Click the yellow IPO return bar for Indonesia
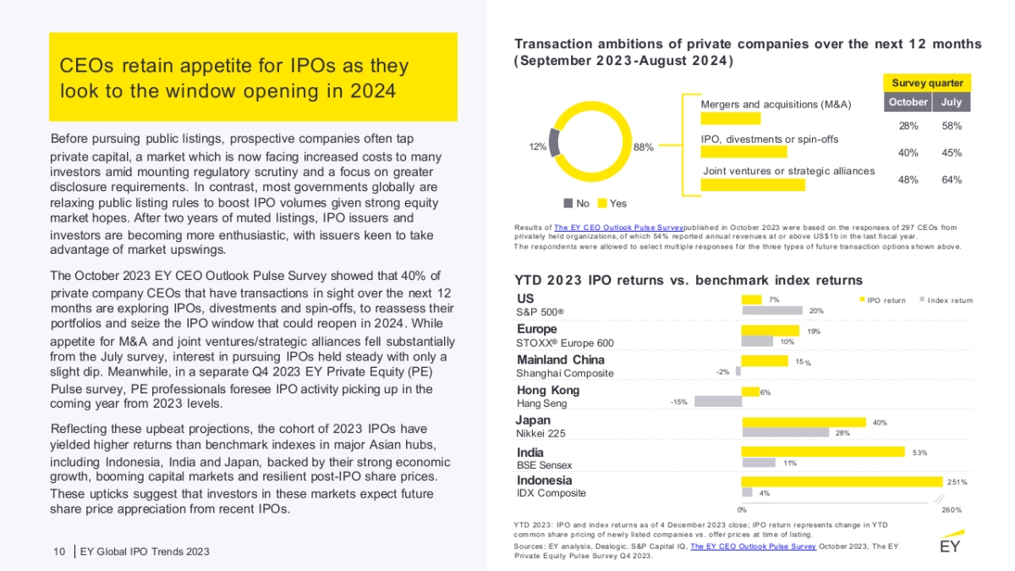[842, 481]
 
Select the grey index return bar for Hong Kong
[718, 402]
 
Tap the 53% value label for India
[919, 453]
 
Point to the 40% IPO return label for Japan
[880, 421]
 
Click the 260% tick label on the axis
[952, 509]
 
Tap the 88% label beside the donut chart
[643, 147]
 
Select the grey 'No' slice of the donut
[554, 141]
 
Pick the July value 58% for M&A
[952, 126]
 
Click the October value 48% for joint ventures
[908, 179]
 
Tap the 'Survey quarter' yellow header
[927, 83]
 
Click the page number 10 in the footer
[59, 552]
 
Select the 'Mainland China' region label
[560, 360]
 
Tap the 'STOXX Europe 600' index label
[565, 343]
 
